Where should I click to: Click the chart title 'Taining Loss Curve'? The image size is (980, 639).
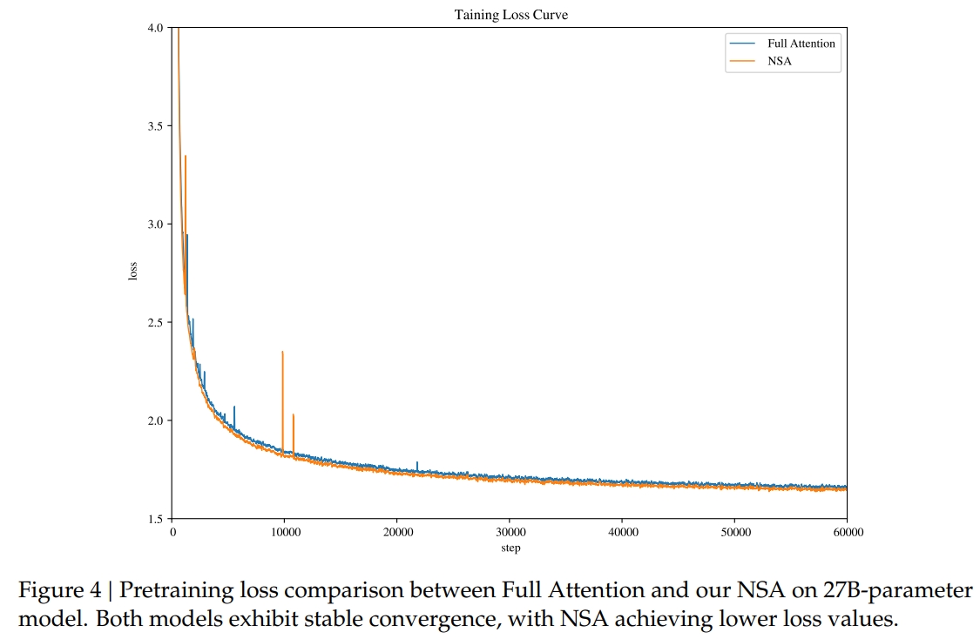[510, 15]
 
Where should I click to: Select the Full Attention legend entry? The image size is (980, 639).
[801, 44]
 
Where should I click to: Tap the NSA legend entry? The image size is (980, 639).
[779, 62]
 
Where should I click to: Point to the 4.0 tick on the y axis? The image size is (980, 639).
[156, 28]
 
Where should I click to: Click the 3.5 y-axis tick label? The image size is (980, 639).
[156, 126]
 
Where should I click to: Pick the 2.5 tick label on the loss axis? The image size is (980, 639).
[156, 323]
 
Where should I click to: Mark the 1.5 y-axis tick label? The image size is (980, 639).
[156, 519]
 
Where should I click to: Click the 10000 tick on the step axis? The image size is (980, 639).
[285, 532]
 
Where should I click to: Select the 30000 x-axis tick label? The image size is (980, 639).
[510, 532]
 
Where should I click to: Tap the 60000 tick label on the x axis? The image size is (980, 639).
[847, 532]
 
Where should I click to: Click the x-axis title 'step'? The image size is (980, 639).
[510, 548]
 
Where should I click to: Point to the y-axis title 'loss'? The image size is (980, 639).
[133, 271]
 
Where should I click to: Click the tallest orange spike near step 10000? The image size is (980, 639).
[282, 352]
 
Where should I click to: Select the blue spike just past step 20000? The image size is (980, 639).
[417, 463]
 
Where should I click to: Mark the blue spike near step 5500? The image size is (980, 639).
[234, 407]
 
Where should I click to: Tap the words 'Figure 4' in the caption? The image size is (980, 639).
[60, 591]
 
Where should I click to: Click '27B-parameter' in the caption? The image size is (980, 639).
[897, 591]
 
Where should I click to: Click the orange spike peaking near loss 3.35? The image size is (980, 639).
[186, 157]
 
